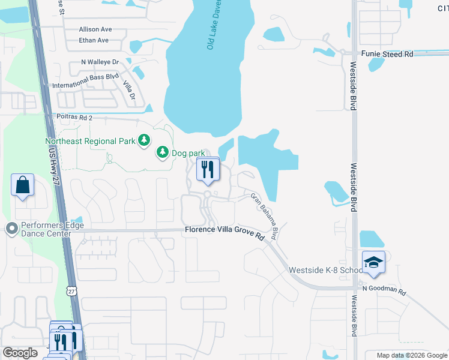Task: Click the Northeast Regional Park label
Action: pyautogui.click(x=90, y=142)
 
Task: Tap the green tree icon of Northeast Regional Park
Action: pyautogui.click(x=143, y=140)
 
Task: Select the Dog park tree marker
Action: pyautogui.click(x=162, y=153)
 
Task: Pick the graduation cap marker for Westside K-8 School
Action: pyautogui.click(x=373, y=262)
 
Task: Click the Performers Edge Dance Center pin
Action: pyautogui.click(x=11, y=228)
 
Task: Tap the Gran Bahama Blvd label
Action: pyautogui.click(x=265, y=213)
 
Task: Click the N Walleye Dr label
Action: pyautogui.click(x=100, y=62)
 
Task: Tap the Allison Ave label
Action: pyautogui.click(x=95, y=29)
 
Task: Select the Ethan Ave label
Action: pyautogui.click(x=94, y=40)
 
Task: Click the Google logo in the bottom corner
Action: pyautogui.click(x=20, y=353)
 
